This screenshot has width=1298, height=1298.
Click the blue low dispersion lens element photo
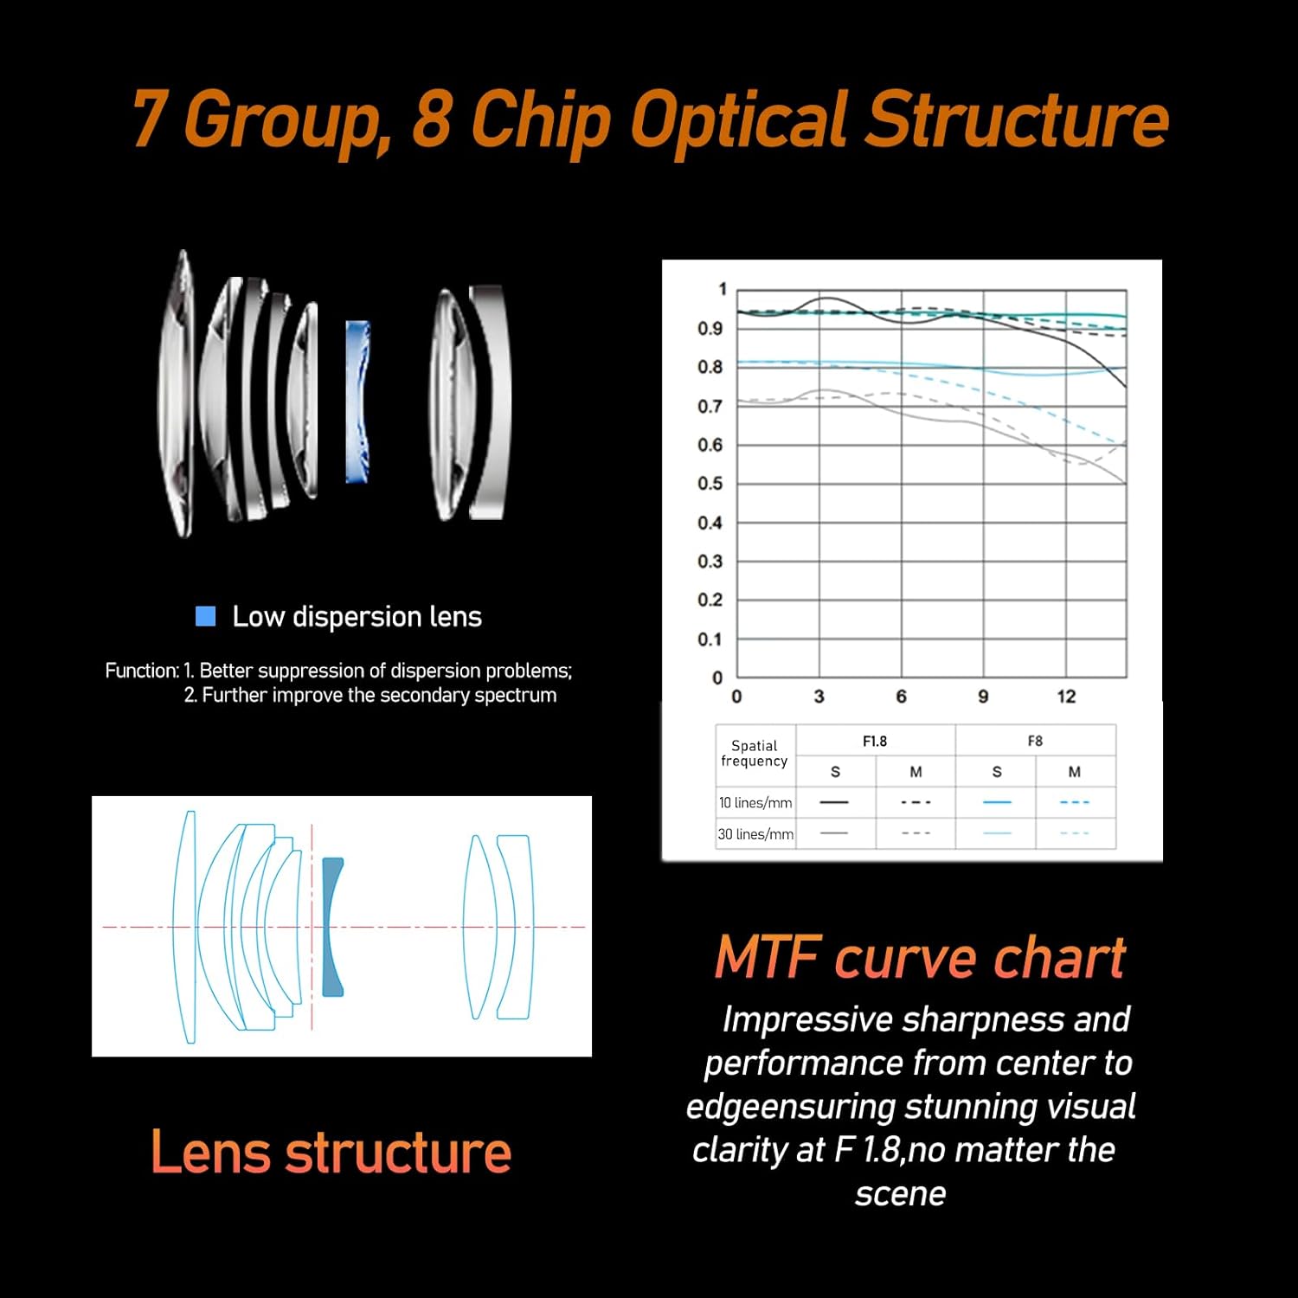(358, 402)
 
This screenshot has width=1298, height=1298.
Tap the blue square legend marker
(206, 616)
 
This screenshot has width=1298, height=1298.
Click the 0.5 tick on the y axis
(710, 484)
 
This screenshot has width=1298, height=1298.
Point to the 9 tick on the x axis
(983, 697)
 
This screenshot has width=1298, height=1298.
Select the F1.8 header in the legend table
(875, 742)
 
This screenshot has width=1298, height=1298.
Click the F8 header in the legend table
(1035, 742)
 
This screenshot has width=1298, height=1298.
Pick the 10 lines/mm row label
(755, 803)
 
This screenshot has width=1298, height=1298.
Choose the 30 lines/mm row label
(755, 834)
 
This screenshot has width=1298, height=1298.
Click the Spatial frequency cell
(755, 753)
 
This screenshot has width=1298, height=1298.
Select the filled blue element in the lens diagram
(331, 927)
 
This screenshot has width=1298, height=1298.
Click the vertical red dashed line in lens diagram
(312, 928)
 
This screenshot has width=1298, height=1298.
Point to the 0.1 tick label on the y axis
(710, 639)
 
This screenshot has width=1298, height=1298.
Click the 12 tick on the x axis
(1066, 697)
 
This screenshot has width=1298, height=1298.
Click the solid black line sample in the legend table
(834, 802)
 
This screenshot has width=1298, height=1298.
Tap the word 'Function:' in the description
(142, 671)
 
